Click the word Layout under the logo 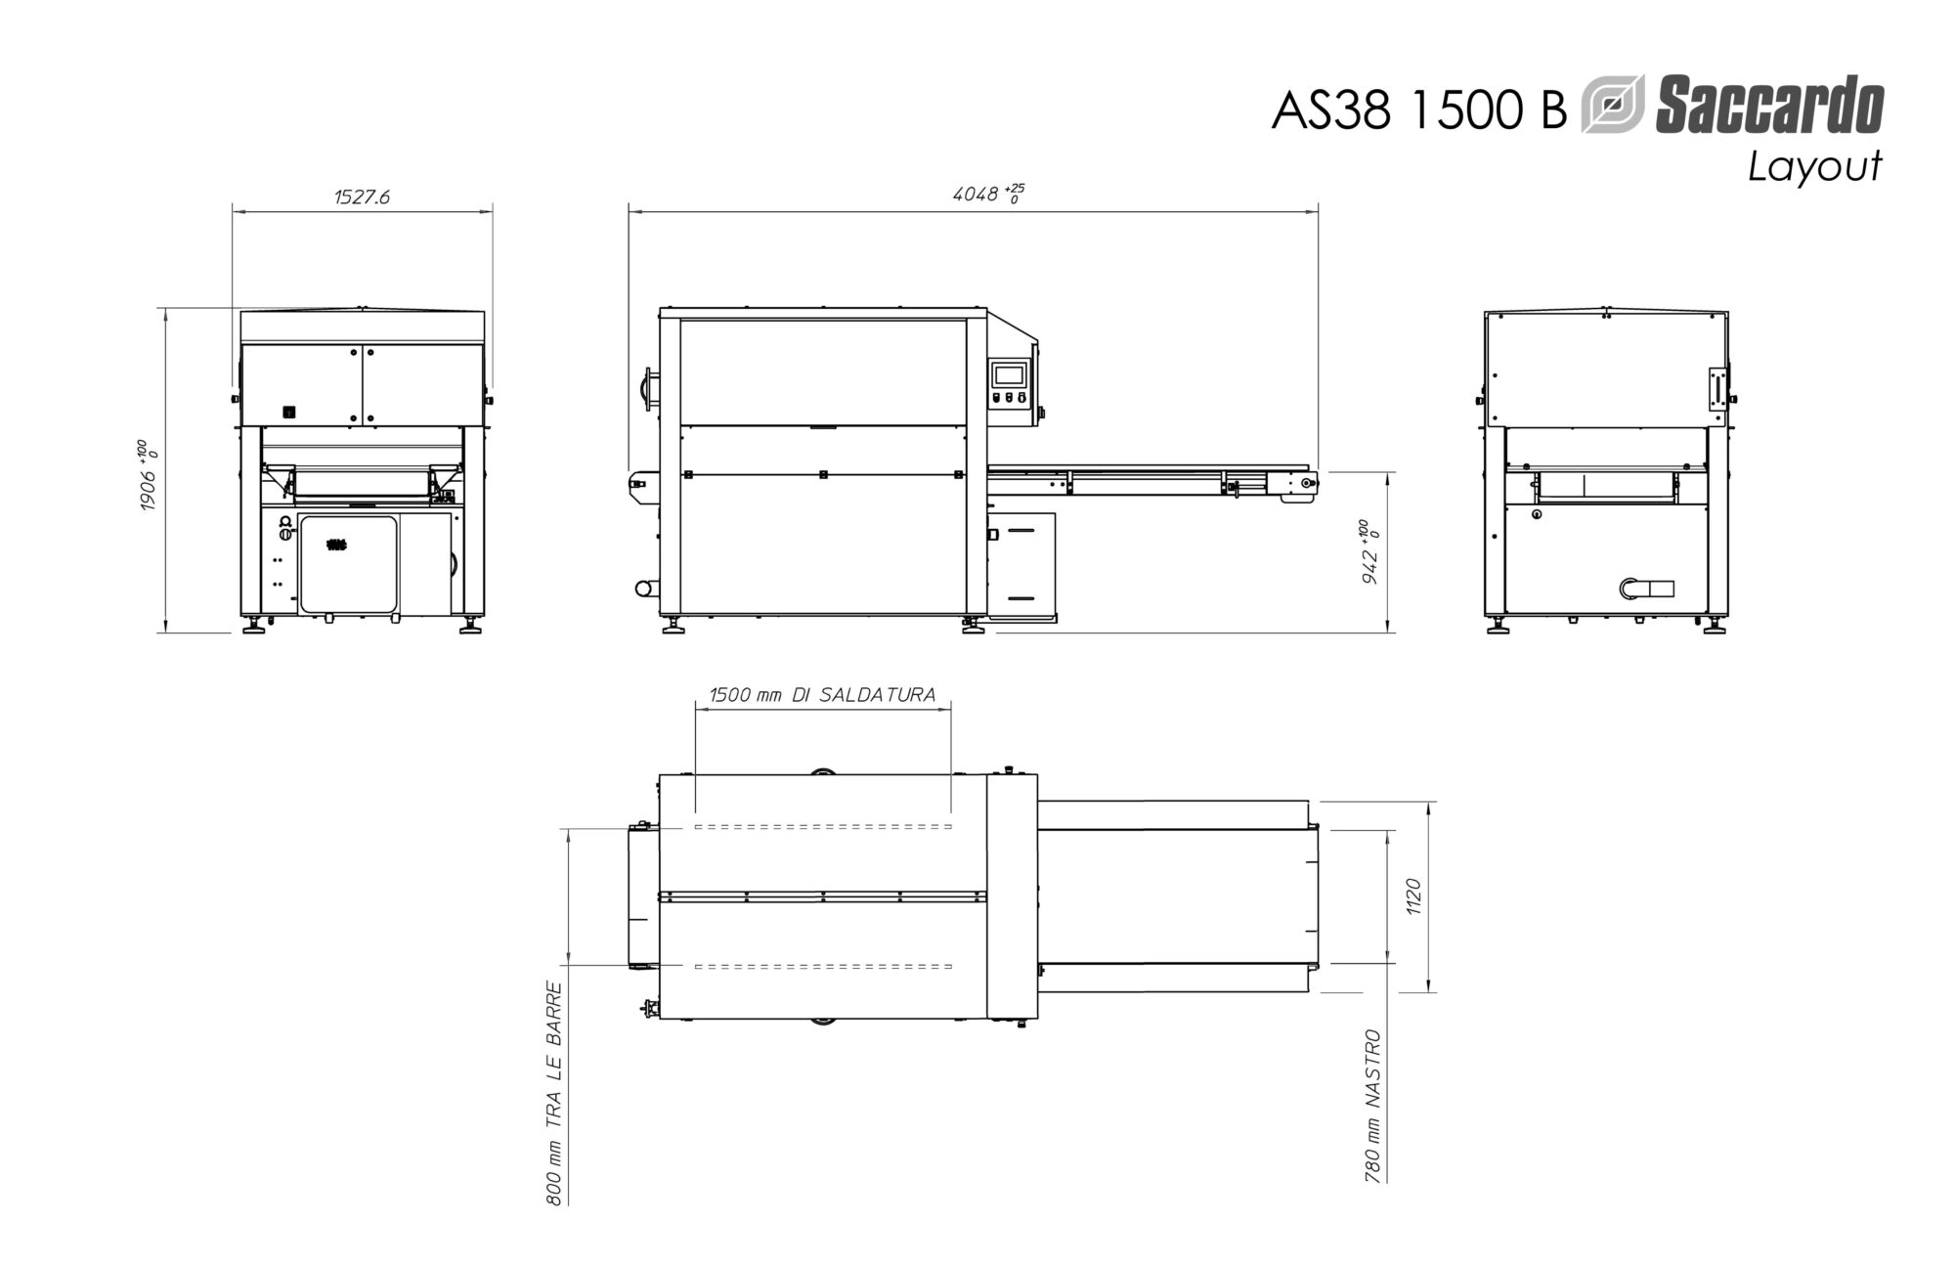coord(1814,166)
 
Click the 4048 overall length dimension coord(988,194)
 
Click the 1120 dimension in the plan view coord(1412,896)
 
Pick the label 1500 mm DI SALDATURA coord(822,694)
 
